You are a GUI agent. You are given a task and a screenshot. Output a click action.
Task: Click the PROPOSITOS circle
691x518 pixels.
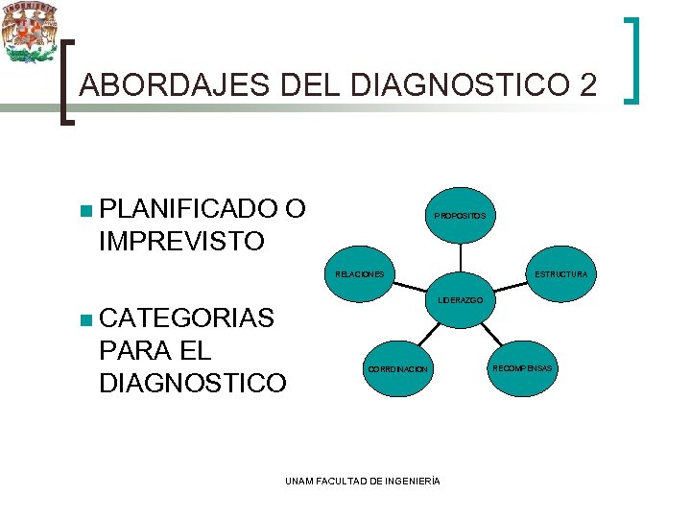point(460,216)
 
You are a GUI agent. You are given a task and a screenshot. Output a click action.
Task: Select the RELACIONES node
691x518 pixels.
point(359,274)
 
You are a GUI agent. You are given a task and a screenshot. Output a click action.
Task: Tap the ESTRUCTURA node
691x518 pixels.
point(560,274)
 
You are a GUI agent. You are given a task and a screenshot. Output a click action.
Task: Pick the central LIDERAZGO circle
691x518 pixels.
point(460,300)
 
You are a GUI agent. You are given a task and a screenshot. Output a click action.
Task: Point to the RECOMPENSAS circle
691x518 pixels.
point(523,368)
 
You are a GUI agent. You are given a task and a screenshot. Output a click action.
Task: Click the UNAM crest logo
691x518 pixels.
point(30,33)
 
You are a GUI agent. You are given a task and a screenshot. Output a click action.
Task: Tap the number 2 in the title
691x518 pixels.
point(587,86)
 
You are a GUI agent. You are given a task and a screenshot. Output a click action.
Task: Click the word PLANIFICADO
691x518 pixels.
point(188,209)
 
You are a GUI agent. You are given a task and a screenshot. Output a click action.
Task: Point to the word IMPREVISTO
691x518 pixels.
point(180,241)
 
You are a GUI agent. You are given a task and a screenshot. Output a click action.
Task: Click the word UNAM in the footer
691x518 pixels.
point(298,480)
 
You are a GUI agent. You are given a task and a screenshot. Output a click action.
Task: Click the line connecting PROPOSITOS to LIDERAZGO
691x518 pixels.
point(460,258)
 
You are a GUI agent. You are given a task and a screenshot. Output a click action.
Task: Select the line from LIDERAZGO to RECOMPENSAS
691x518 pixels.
point(490,333)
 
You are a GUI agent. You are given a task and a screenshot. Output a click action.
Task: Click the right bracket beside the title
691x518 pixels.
point(634,59)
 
